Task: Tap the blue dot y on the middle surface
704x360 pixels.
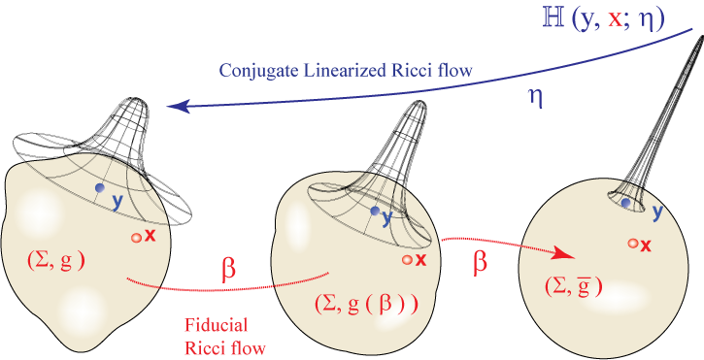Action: [375, 211]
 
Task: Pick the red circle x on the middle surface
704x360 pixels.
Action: [406, 260]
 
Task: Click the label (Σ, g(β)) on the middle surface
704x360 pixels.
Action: [366, 302]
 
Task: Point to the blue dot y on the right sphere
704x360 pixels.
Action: [625, 203]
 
